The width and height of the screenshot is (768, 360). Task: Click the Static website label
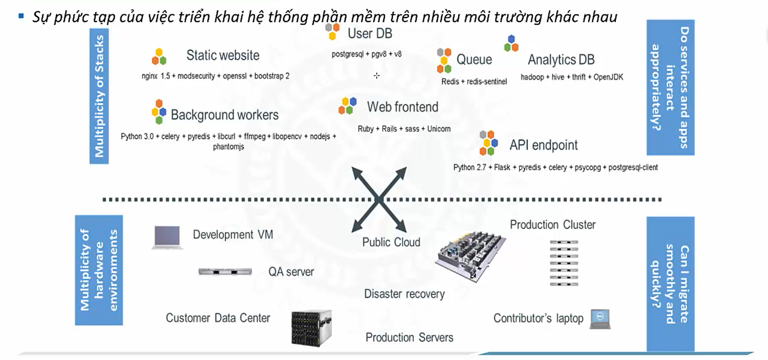tap(223, 56)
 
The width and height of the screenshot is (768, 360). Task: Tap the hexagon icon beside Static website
tap(159, 56)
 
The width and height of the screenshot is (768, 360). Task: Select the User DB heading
tap(369, 34)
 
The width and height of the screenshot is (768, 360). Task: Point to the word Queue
tap(474, 60)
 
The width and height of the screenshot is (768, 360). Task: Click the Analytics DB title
tap(561, 60)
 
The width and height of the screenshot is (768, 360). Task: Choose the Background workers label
tap(225, 115)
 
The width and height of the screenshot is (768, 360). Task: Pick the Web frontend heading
tap(402, 107)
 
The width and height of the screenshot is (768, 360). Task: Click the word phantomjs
tap(228, 147)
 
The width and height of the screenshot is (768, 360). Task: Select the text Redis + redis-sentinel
tap(474, 82)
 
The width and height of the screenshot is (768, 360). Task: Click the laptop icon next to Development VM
tap(167, 237)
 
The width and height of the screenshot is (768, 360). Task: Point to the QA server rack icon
tap(225, 272)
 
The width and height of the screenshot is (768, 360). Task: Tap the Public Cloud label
tap(391, 242)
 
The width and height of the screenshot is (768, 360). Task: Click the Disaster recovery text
tap(404, 294)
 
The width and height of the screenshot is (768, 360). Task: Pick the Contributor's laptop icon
tap(600, 319)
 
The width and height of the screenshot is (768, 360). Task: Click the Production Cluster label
tap(553, 225)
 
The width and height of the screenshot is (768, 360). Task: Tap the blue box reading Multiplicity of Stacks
tap(99, 96)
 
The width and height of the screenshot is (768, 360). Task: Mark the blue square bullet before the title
tap(21, 17)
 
